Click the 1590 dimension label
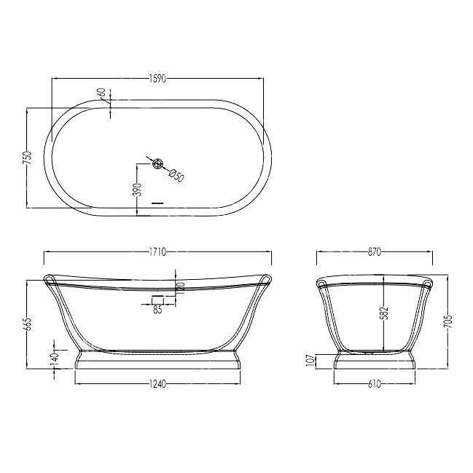pyautogui.click(x=157, y=79)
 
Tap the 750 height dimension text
pyautogui.click(x=28, y=157)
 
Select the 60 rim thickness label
pyautogui.click(x=101, y=93)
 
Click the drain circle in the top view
pyautogui.click(x=157, y=163)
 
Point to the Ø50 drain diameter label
pyautogui.click(x=176, y=175)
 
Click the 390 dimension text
pyautogui.click(x=137, y=189)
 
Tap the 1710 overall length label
pyautogui.click(x=157, y=251)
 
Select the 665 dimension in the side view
pyautogui.click(x=28, y=324)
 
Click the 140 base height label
pyautogui.click(x=55, y=359)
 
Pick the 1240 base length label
pyautogui.click(x=157, y=384)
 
